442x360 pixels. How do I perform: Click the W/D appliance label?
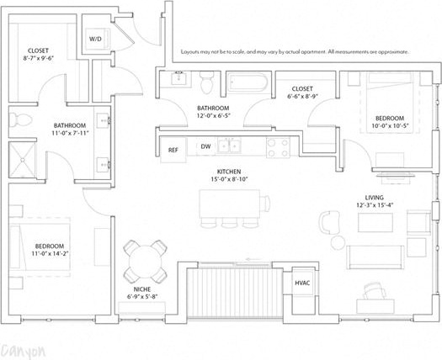point(95,40)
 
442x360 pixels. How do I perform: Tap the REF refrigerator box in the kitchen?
point(173,150)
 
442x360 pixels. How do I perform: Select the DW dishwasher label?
point(205,147)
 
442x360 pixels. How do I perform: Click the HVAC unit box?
point(301,283)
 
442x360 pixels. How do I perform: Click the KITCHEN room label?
point(229,171)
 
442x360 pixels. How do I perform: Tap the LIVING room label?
point(370,197)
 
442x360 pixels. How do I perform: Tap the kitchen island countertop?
point(235,203)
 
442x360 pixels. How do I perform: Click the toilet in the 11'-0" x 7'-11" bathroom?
point(24,118)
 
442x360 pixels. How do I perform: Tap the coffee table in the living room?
point(375,222)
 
